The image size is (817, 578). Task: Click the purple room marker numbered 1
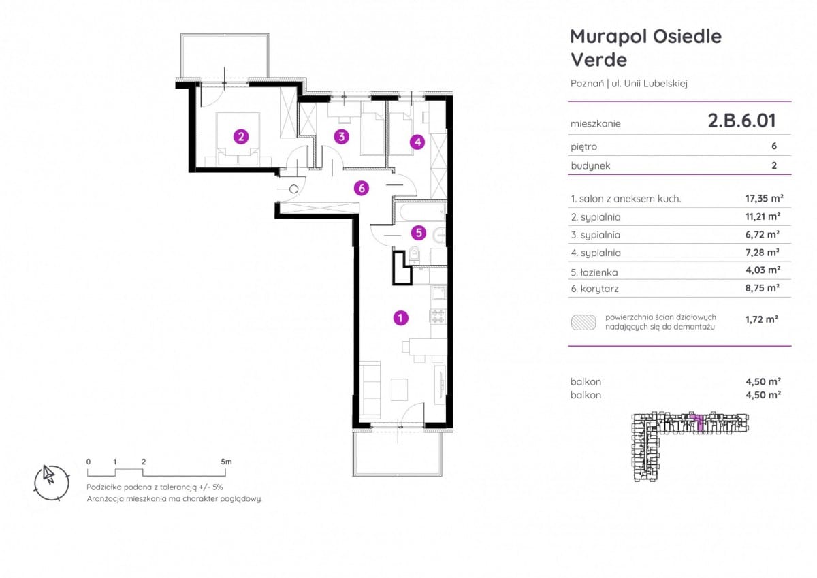tap(400, 318)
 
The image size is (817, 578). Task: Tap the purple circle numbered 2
tap(241, 137)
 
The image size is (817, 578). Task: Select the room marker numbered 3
tap(341, 136)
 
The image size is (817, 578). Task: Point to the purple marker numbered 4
tap(417, 142)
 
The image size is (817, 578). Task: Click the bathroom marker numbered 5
tap(418, 233)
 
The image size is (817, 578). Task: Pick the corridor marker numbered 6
tap(362, 188)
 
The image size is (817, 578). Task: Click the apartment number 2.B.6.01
tap(742, 121)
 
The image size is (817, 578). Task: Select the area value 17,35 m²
tap(764, 198)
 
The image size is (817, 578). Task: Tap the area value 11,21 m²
tap(763, 216)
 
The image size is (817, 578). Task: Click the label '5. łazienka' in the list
tap(594, 272)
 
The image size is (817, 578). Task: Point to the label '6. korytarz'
tap(594, 289)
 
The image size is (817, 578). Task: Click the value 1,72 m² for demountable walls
tap(762, 319)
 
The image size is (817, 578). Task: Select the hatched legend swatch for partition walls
tap(583, 323)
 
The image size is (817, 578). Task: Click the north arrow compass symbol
tap(52, 483)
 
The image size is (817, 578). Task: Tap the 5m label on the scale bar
tap(226, 462)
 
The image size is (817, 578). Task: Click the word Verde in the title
tap(598, 60)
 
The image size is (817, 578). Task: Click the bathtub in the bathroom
tap(421, 212)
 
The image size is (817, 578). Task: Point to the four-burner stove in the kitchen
tap(438, 316)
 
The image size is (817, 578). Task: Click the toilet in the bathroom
tap(415, 255)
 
